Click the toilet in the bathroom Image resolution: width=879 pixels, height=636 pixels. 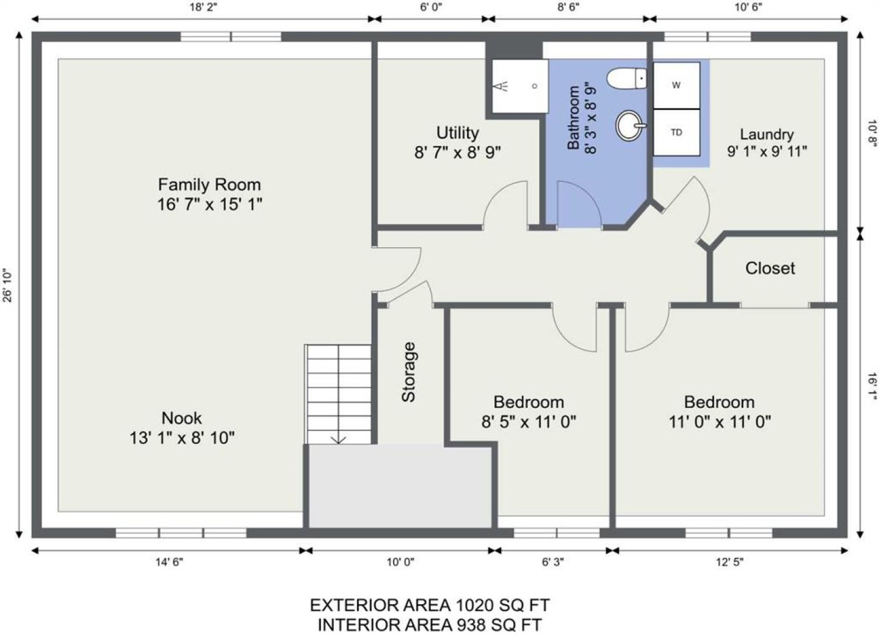click(x=627, y=79)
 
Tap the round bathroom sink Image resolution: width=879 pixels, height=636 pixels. click(x=630, y=125)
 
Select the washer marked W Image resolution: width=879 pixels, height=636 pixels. click(x=676, y=85)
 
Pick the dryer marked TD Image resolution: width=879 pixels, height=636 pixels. click(x=676, y=132)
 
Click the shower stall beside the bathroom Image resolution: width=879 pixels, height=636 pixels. click(x=520, y=86)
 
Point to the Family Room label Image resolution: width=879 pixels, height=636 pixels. click(x=209, y=184)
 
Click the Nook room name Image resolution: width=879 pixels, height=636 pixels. click(x=182, y=418)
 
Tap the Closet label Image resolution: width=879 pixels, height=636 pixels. click(x=770, y=269)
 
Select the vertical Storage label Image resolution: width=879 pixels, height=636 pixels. click(x=408, y=372)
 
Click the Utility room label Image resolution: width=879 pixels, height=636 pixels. click(x=458, y=133)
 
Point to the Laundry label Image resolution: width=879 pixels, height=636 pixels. click(x=767, y=134)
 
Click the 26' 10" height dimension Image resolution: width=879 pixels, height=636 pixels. click(x=7, y=285)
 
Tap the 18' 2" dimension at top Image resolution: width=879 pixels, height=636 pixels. click(x=203, y=7)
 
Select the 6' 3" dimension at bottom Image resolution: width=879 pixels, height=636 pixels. click(x=553, y=562)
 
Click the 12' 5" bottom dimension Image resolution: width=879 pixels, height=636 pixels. click(x=730, y=562)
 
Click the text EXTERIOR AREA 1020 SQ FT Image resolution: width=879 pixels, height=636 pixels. click(x=430, y=605)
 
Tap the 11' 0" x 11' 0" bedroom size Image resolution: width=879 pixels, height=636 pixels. click(x=720, y=422)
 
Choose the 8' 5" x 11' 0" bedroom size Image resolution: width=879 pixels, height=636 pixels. click(x=529, y=422)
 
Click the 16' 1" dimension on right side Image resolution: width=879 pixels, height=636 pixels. click(x=872, y=386)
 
